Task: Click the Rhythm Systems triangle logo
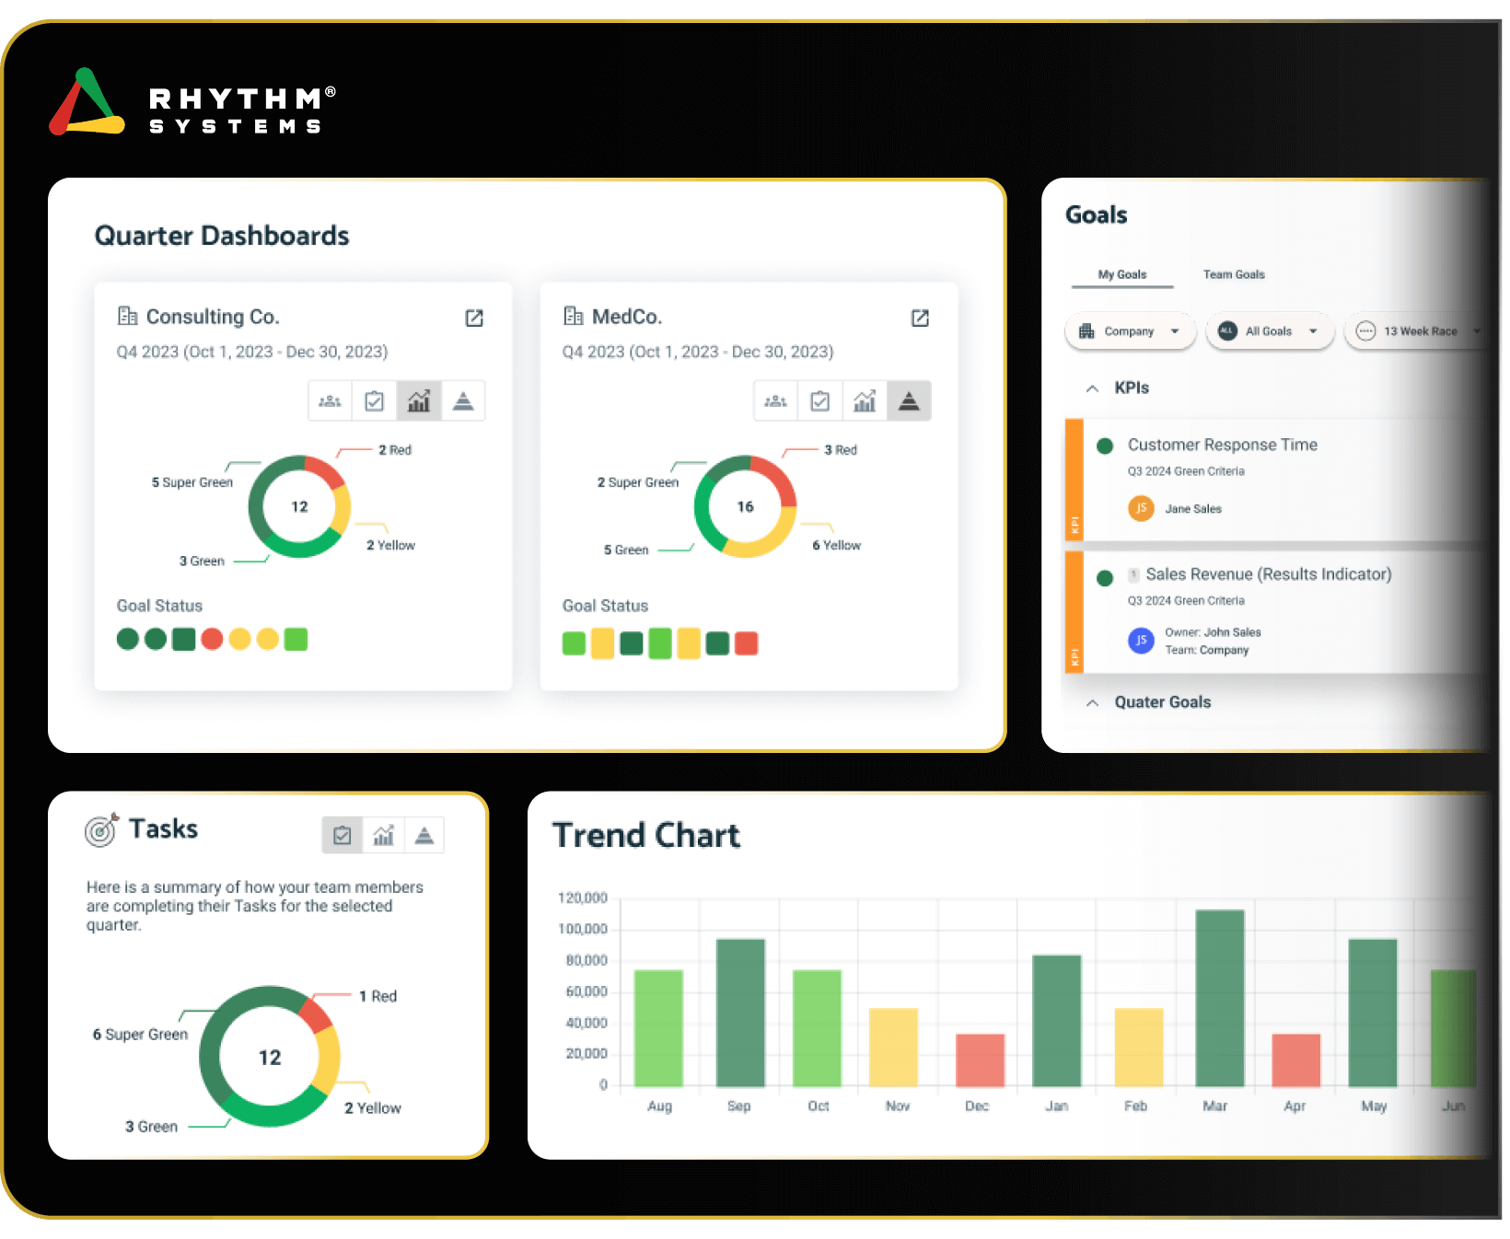tap(87, 103)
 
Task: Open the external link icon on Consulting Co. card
tap(474, 318)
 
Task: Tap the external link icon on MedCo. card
tap(920, 318)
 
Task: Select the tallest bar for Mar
tap(1219, 998)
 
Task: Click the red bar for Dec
tap(980, 1060)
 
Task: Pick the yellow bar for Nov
tap(893, 1047)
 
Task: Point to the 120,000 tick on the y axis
tap(583, 897)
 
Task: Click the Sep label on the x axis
tap(738, 1106)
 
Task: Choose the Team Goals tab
tap(1234, 274)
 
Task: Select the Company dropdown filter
tap(1130, 331)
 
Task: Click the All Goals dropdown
tap(1269, 331)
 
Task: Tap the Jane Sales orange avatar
tap(1141, 508)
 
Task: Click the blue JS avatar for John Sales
tap(1141, 640)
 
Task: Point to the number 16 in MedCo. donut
tap(745, 506)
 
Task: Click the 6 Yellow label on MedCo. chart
tap(836, 545)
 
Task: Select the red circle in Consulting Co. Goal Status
tap(212, 639)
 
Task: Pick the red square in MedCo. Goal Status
tap(746, 643)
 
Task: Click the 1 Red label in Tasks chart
tap(377, 996)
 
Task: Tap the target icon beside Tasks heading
tap(101, 829)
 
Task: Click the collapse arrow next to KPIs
tap(1092, 388)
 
